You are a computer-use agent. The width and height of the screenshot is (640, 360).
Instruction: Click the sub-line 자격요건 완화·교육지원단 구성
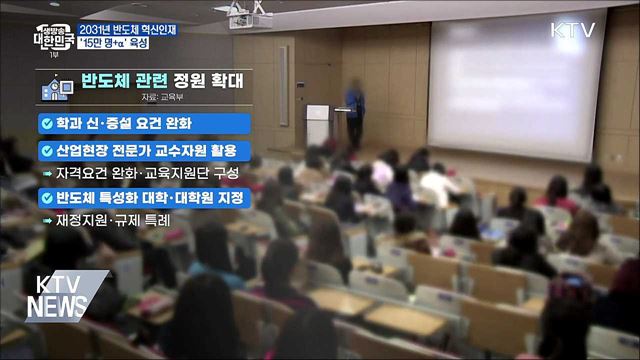[x=145, y=173]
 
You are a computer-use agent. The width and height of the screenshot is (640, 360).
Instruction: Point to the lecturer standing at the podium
[x=354, y=109]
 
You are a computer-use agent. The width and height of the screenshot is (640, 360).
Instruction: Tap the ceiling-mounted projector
[x=250, y=18]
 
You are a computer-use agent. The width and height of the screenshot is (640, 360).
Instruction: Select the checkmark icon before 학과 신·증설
[x=46, y=124]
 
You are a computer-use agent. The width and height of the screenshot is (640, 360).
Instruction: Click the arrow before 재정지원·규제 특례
[x=46, y=219]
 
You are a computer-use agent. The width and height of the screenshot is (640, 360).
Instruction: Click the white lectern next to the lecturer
[x=317, y=124]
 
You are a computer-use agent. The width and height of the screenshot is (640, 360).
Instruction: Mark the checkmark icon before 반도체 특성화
[x=46, y=197]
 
